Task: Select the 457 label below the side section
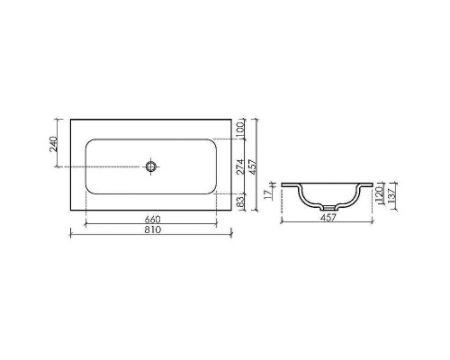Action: [x=328, y=217]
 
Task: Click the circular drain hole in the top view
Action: [x=152, y=166]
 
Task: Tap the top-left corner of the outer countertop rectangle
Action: [x=71, y=120]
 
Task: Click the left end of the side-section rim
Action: [x=282, y=184]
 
